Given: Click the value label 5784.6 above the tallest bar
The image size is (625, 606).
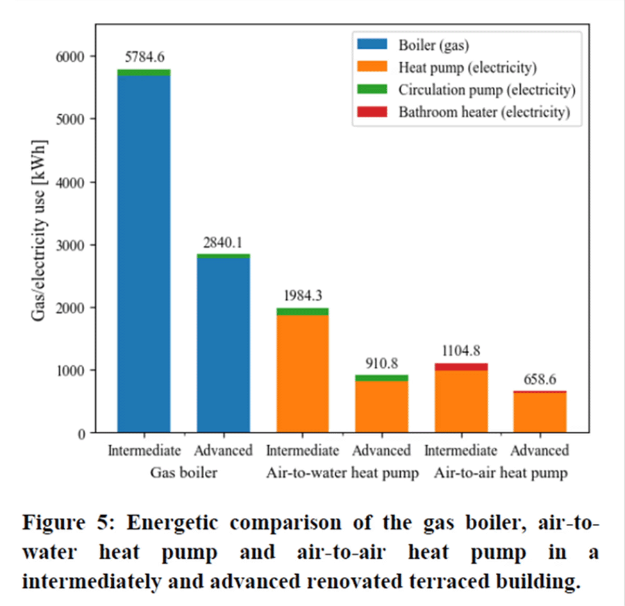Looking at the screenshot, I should coord(144,57).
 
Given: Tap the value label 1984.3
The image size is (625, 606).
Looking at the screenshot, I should coord(302,296).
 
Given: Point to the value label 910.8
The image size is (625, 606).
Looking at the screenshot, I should coord(381,362).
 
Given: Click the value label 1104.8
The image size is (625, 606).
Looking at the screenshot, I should coord(460,350).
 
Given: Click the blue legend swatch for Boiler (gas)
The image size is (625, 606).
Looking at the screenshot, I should coord(373,47).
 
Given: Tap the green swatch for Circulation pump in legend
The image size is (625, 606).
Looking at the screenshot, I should coord(373,90).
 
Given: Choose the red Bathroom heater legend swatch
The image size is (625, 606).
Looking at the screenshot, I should coord(373,112).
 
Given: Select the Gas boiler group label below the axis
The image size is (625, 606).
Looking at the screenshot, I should coord(183,473).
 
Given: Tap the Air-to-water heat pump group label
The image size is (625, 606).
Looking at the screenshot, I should coord(342,473).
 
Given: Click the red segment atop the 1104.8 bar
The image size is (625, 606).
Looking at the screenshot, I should coord(460,367).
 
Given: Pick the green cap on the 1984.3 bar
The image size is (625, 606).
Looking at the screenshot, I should coord(302,312).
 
